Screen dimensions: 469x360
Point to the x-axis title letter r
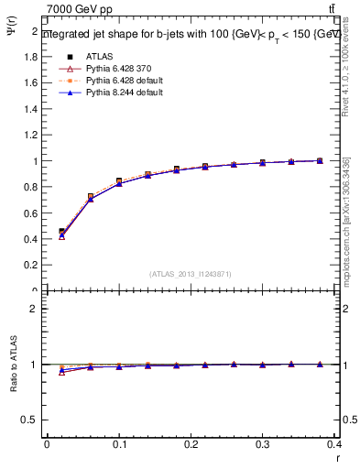pyautogui.click(x=337, y=457)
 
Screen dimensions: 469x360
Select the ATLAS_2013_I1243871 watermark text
pyautogui.click(x=191, y=274)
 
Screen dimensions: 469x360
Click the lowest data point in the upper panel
pyautogui.click(x=61, y=236)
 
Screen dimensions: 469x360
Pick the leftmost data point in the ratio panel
pyautogui.click(x=61, y=371)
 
